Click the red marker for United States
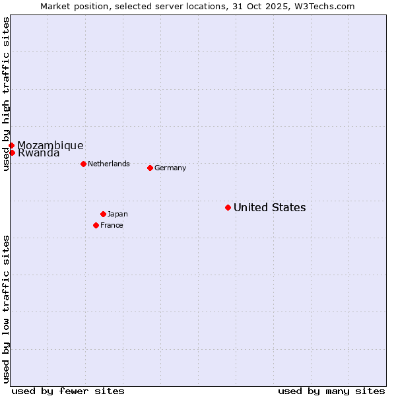228,207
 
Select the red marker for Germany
150,168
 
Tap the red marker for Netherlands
83,164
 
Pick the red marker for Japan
103,214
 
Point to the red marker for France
96,225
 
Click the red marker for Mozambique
11,145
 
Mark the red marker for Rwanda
12,152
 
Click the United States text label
269,208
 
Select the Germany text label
170,168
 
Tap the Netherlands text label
109,164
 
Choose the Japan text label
117,214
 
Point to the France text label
112,226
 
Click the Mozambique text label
50,145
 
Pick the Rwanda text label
38,153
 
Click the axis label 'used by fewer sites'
68,391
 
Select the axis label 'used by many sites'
331,391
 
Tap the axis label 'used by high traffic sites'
7,94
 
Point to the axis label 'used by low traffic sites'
7,309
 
